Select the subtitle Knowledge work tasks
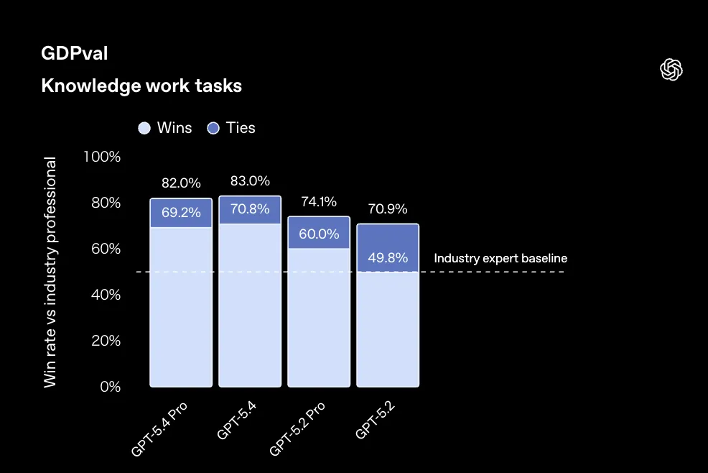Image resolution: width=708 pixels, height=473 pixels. pyautogui.click(x=141, y=86)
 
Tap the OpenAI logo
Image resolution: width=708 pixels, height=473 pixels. pyautogui.click(x=671, y=70)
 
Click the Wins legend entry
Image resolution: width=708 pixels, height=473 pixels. pyautogui.click(x=166, y=128)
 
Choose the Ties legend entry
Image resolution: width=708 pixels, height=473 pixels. pyautogui.click(x=231, y=128)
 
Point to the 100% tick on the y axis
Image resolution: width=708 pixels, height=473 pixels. pyautogui.click(x=103, y=157)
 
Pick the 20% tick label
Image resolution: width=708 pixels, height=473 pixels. pyautogui.click(x=106, y=341)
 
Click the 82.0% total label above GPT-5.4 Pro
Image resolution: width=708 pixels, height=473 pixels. pyautogui.click(x=181, y=184)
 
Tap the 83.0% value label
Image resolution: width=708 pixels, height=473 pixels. pyautogui.click(x=250, y=181)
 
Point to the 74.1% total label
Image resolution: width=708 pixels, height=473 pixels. pyautogui.click(x=319, y=202)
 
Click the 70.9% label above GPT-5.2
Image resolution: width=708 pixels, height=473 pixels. pyautogui.click(x=388, y=209)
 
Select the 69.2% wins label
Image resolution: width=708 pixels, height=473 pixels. pyautogui.click(x=181, y=213)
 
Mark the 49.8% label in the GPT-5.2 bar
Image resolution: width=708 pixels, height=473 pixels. pyautogui.click(x=388, y=257)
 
